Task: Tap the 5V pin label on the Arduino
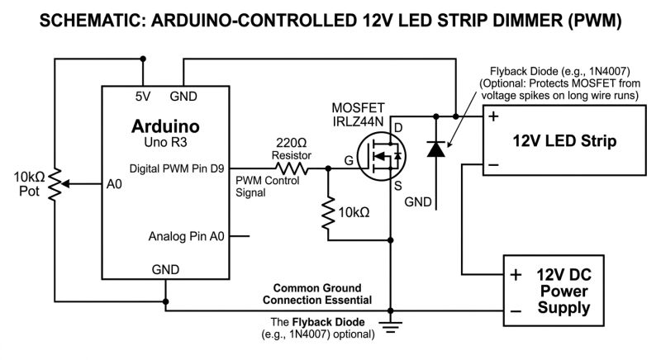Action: point(143,97)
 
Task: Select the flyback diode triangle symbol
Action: point(435,149)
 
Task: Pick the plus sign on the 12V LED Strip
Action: point(493,116)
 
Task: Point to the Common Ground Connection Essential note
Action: point(322,293)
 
